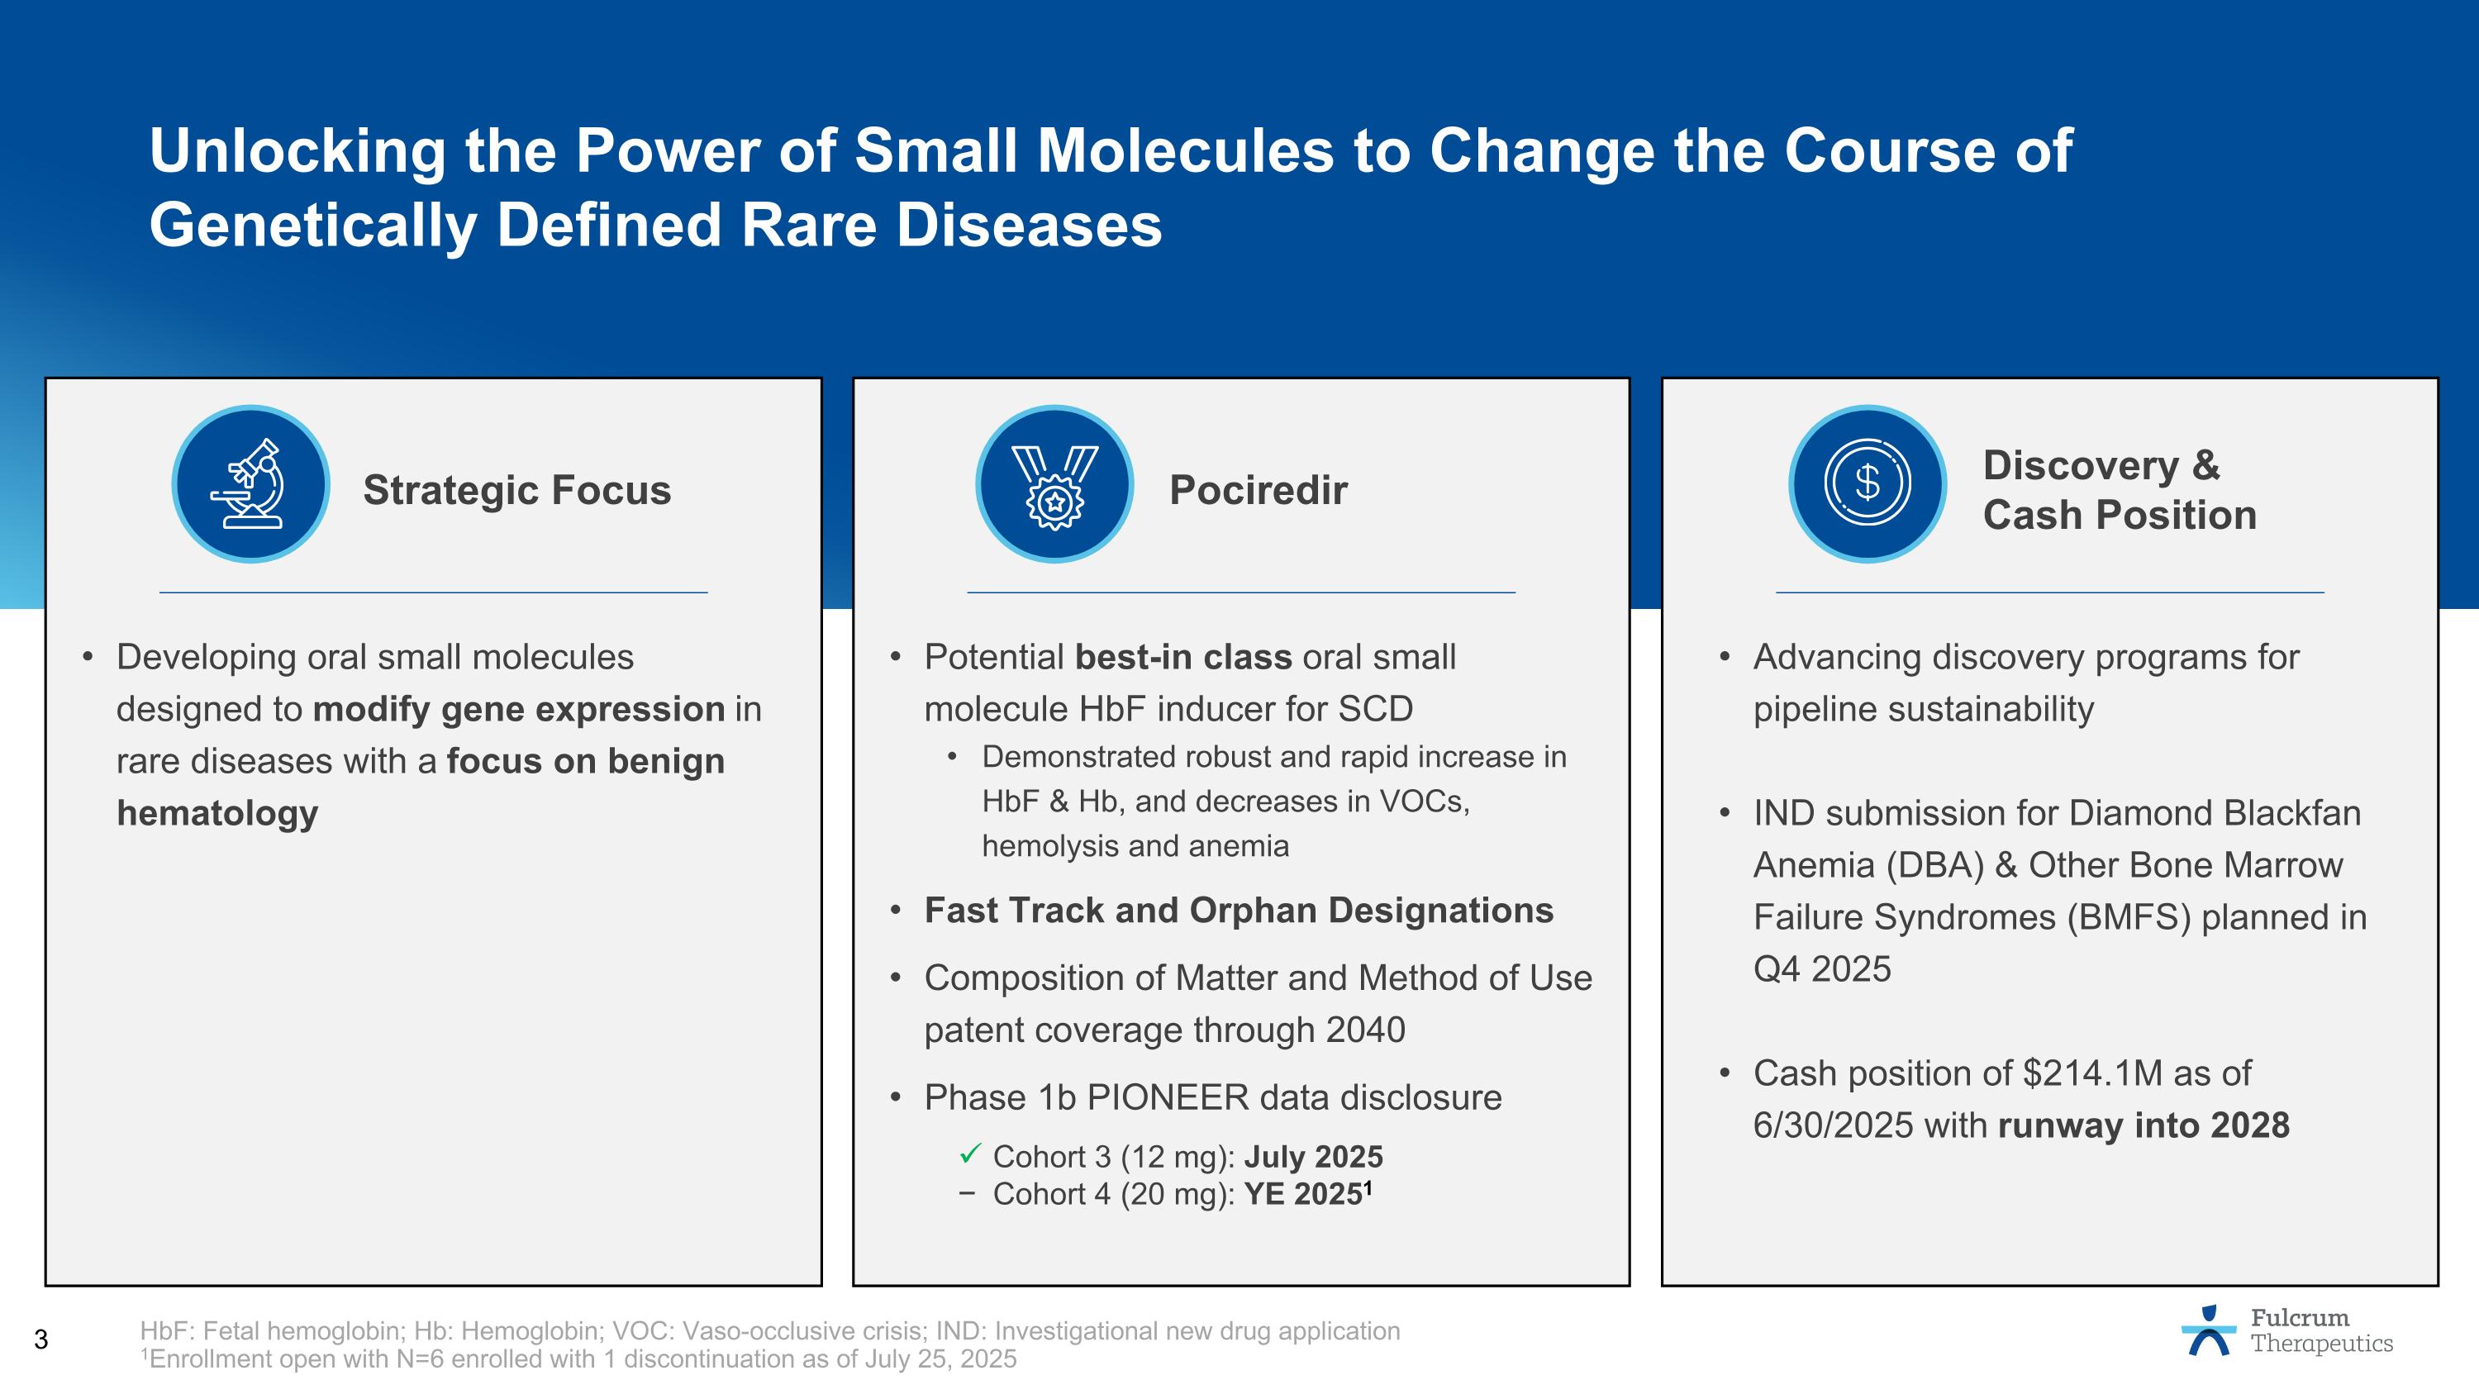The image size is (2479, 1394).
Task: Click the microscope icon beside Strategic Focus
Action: click(x=250, y=484)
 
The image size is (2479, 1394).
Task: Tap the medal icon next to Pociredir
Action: click(x=1054, y=484)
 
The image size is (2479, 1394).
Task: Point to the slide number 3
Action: click(x=40, y=1339)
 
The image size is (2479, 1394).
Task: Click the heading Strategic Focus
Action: click(x=516, y=490)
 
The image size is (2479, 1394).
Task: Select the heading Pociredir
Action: click(x=1258, y=490)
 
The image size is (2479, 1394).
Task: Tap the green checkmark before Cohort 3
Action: click(x=970, y=1153)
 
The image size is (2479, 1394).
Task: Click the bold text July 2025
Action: click(x=1313, y=1156)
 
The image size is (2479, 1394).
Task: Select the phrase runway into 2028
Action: click(x=2144, y=1125)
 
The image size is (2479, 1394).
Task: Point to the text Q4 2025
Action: click(x=1822, y=968)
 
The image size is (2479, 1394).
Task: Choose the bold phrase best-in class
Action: click(x=1182, y=657)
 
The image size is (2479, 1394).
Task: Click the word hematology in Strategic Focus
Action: click(x=217, y=813)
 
